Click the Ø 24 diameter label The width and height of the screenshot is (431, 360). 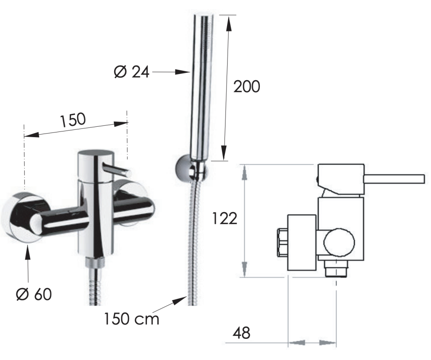(x=131, y=72)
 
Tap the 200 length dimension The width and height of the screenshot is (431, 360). (x=247, y=86)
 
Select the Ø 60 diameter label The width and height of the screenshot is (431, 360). (x=34, y=294)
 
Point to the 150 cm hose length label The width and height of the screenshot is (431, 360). (x=131, y=319)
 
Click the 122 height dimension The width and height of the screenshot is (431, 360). (x=225, y=219)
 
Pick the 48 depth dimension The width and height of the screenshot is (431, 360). (x=241, y=333)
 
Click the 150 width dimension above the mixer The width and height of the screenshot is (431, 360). (x=73, y=120)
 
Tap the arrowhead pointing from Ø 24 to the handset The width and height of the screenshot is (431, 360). (x=182, y=72)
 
